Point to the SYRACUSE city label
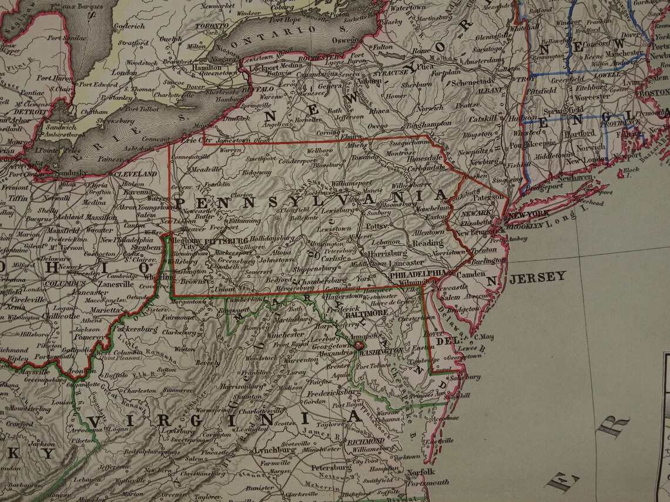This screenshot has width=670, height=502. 389,72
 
